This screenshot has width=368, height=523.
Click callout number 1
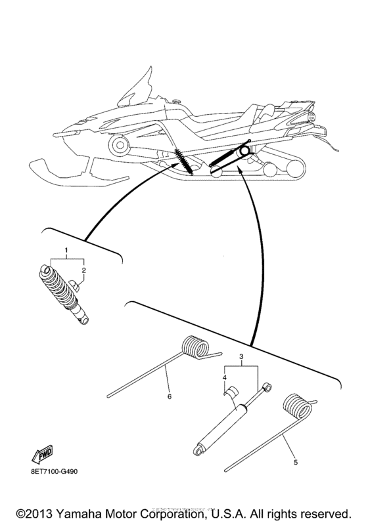[66, 251]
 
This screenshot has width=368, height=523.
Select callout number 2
[83, 270]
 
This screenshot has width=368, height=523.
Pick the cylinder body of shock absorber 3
[223, 426]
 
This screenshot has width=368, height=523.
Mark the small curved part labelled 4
[233, 393]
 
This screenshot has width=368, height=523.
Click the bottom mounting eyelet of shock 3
[198, 450]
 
